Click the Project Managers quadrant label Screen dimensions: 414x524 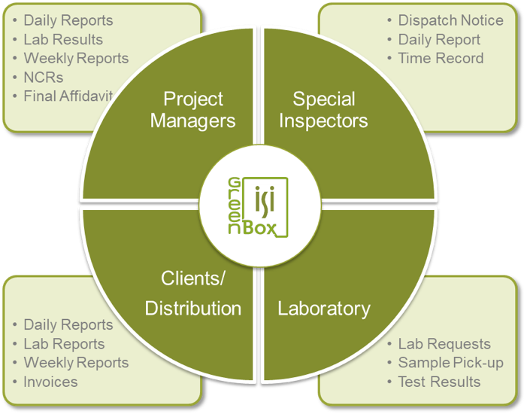[192, 110]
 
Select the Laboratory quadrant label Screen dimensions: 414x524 [324, 308]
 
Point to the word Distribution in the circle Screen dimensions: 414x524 [193, 308]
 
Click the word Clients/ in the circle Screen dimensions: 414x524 [193, 279]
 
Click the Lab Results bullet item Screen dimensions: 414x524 [63, 40]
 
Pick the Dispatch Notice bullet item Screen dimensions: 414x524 [450, 21]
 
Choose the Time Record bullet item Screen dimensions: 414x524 [441, 59]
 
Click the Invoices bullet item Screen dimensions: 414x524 [50, 382]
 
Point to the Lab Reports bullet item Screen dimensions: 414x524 [64, 344]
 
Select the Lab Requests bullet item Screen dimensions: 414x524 [444, 344]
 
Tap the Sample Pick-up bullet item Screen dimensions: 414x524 [450, 363]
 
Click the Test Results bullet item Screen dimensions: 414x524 [439, 382]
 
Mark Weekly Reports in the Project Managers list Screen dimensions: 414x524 [76, 59]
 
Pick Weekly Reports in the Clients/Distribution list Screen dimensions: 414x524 [76, 363]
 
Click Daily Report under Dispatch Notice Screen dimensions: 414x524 [439, 40]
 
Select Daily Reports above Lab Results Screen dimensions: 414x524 [68, 21]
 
